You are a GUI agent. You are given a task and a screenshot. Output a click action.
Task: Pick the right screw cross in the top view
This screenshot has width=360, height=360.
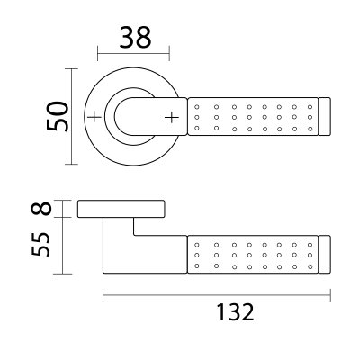tap(170, 117)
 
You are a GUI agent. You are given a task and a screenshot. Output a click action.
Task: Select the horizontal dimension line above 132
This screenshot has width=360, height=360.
tap(217, 293)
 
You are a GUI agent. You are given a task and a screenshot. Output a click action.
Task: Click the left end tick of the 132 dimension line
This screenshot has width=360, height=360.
tap(103, 293)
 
